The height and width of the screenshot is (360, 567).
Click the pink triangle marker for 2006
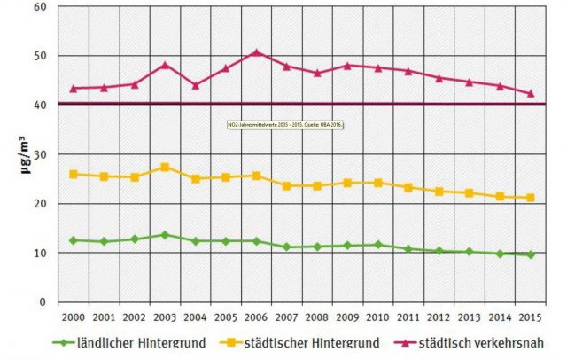256,52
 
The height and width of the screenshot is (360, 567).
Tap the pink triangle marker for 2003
164,65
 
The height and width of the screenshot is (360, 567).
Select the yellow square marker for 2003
164,167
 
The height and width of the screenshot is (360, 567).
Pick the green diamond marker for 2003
164,235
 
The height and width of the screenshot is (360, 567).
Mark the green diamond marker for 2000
73,240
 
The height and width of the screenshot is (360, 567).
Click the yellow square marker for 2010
378,183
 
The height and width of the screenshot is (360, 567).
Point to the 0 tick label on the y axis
42,302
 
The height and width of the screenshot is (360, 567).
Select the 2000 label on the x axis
73,317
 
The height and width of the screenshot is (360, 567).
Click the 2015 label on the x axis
531,317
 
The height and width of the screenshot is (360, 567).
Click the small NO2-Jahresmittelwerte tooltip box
283,125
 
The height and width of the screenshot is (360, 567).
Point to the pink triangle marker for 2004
195,85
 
